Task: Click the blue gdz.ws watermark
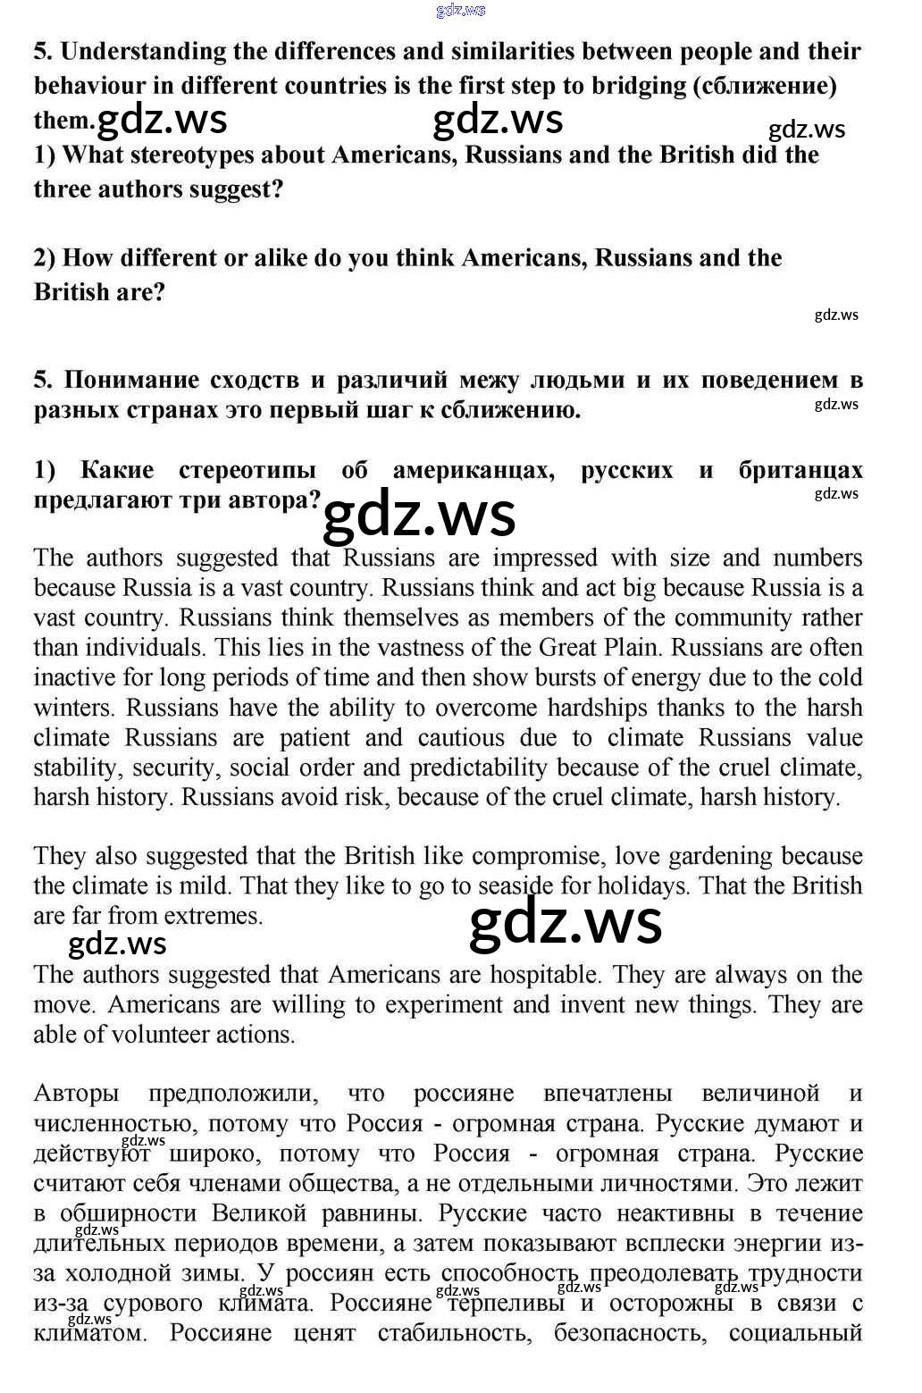click(x=460, y=10)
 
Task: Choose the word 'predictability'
click(x=478, y=768)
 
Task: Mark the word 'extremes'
click(x=208, y=916)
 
